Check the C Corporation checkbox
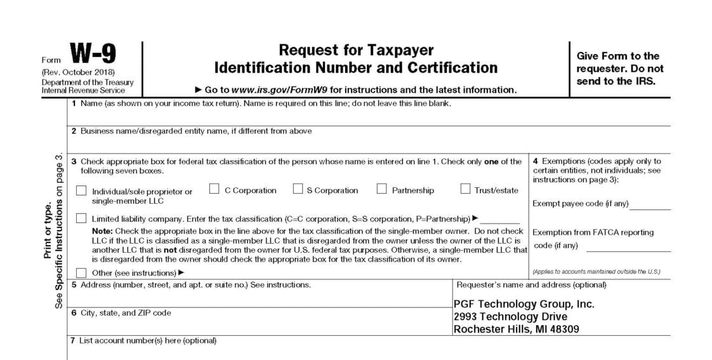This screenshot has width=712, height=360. coord(214,189)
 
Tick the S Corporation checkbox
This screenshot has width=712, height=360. coord(298,189)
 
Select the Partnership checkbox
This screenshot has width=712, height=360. coord(382,189)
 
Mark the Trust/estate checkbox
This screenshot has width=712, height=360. coord(465,189)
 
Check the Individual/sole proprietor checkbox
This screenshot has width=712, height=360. coord(81,190)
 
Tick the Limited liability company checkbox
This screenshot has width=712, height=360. coord(81,218)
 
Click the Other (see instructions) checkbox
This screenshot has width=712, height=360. coord(81,273)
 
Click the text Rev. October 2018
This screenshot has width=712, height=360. coord(79,72)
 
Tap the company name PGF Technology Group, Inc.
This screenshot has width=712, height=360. coord(524,304)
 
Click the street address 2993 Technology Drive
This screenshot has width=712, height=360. coord(510,316)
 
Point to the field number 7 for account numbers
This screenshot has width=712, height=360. coord(72,341)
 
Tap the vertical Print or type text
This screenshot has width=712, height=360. coord(48,230)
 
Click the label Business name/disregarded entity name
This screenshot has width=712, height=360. coord(196,131)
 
